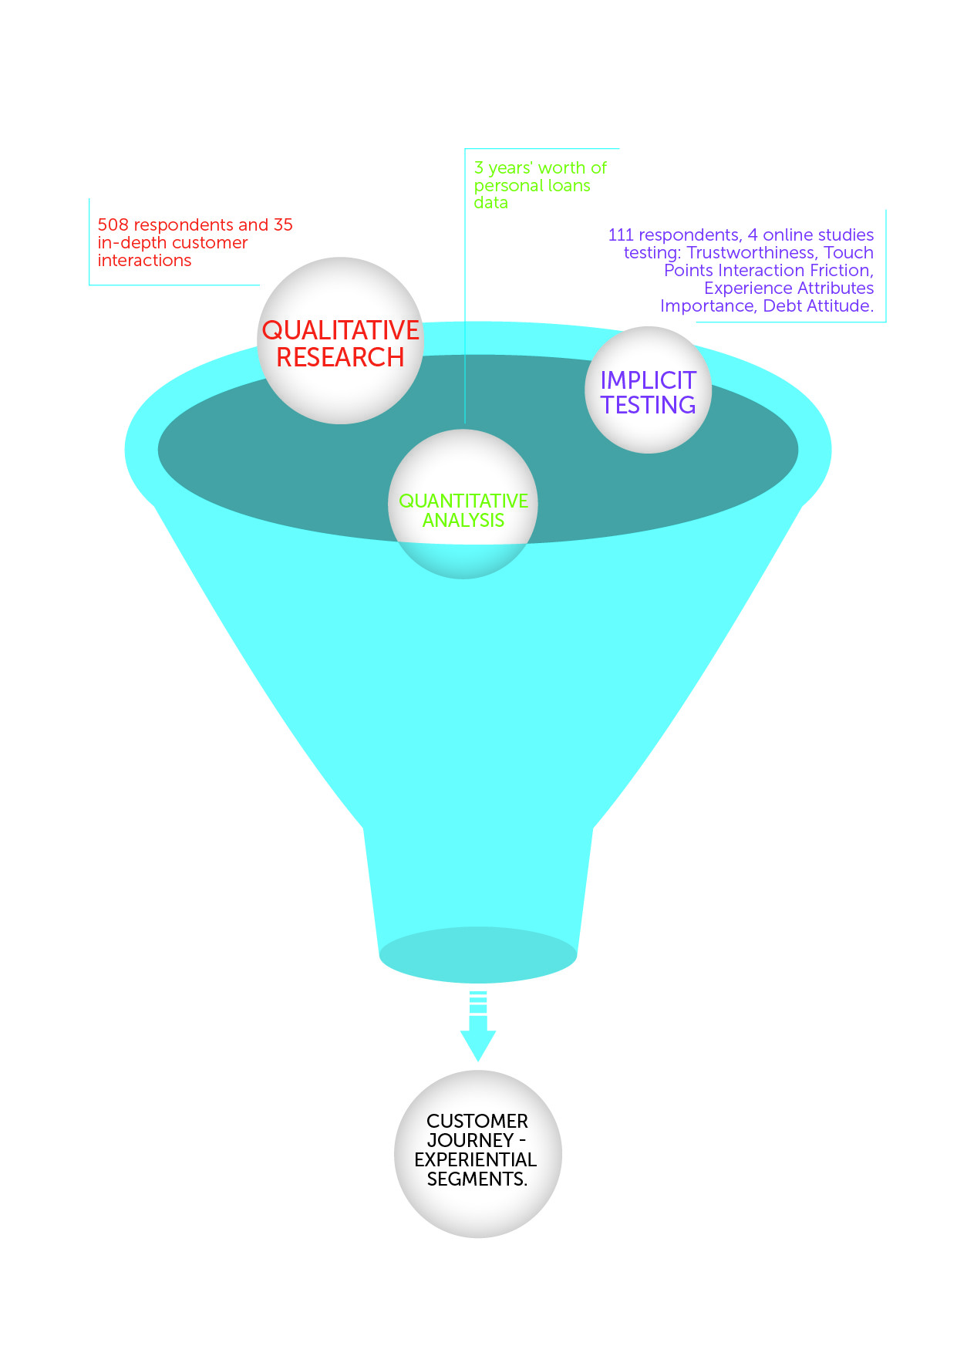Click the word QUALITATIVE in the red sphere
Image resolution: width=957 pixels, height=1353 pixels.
[340, 330]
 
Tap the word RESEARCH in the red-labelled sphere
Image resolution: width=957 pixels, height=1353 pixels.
[340, 357]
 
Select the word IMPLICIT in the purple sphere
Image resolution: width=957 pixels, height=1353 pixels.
[648, 380]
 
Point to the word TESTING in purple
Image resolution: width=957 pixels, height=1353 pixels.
[648, 405]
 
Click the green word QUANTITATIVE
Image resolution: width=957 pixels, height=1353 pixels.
[463, 501]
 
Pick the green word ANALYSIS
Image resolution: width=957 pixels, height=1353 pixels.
[463, 521]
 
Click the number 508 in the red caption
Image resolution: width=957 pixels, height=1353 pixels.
[113, 225]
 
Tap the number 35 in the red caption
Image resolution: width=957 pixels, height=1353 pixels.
[283, 225]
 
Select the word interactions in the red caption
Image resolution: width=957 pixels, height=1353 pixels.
[144, 261]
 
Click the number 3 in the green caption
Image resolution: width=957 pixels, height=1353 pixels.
[479, 168]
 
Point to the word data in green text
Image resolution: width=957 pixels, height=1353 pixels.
[490, 203]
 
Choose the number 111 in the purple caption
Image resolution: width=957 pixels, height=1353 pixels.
[621, 235]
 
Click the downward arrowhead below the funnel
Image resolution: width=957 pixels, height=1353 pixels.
[478, 1045]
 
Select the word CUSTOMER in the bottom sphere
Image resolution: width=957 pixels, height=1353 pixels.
[477, 1121]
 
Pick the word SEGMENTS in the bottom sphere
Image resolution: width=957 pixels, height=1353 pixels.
[475, 1179]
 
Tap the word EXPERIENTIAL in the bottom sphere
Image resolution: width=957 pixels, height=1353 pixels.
[476, 1159]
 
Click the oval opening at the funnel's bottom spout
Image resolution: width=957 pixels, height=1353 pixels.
[478, 955]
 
